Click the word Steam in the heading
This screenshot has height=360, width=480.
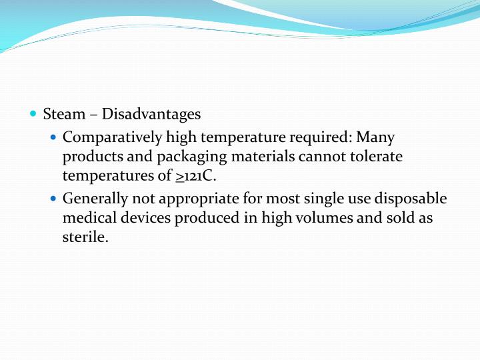click(x=64, y=114)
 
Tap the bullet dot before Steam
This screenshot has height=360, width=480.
click(x=33, y=114)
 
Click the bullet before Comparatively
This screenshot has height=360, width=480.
click(x=54, y=138)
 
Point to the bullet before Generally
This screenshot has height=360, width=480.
click(x=54, y=199)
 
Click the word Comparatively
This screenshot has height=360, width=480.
click(x=111, y=138)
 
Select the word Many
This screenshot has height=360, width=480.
click(x=376, y=138)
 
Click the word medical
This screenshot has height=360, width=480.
click(x=87, y=218)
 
